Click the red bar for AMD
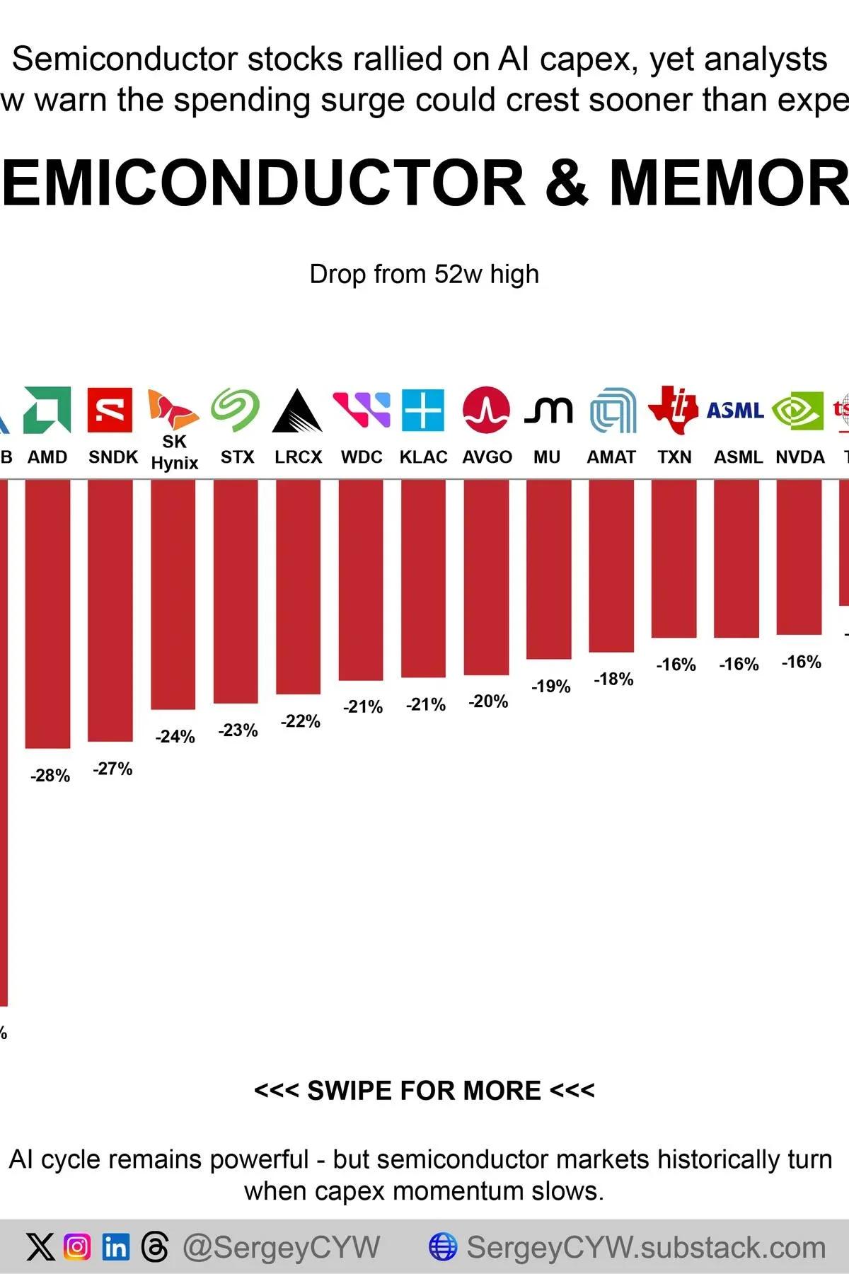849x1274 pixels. click(x=47, y=612)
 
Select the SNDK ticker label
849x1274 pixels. click(x=113, y=457)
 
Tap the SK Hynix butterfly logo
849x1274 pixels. click(x=172, y=410)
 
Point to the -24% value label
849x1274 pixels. click(x=175, y=737)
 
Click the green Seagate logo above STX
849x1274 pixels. click(x=236, y=409)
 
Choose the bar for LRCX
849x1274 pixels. click(x=298, y=586)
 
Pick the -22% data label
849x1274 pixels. click(x=301, y=721)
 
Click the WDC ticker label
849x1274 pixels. click(x=362, y=457)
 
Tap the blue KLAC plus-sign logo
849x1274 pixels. click(x=423, y=410)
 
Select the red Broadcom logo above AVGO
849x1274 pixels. click(x=486, y=410)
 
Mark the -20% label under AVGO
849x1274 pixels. click(x=488, y=701)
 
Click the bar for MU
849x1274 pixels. click(x=548, y=568)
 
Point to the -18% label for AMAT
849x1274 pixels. click(x=613, y=679)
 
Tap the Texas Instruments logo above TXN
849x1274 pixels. click(x=674, y=410)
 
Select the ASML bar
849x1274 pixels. click(x=737, y=558)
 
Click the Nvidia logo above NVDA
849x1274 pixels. click(x=798, y=410)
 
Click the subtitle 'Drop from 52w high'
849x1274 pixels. click(x=424, y=274)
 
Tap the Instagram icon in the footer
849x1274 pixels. click(x=77, y=1247)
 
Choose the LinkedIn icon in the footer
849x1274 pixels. click(x=115, y=1247)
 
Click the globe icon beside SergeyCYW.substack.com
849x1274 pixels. click(x=443, y=1247)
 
